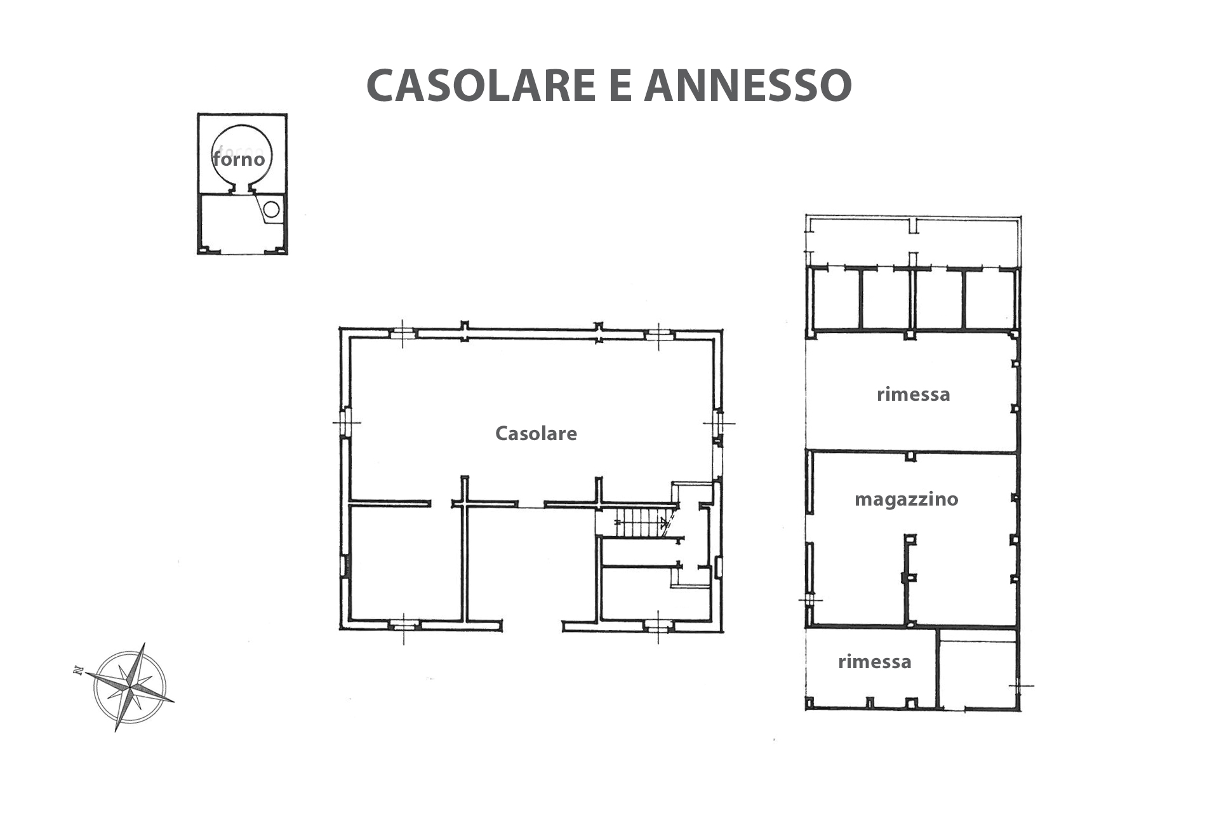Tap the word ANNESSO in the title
click(748, 85)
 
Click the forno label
click(239, 159)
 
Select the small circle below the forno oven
click(271, 209)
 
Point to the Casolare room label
click(536, 433)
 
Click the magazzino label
click(906, 499)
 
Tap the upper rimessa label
click(914, 394)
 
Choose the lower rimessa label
click(875, 662)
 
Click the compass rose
click(130, 687)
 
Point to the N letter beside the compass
click(78, 670)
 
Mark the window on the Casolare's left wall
click(345, 422)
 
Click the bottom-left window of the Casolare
click(404, 626)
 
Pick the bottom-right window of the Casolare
click(658, 626)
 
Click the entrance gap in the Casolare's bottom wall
click(533, 626)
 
